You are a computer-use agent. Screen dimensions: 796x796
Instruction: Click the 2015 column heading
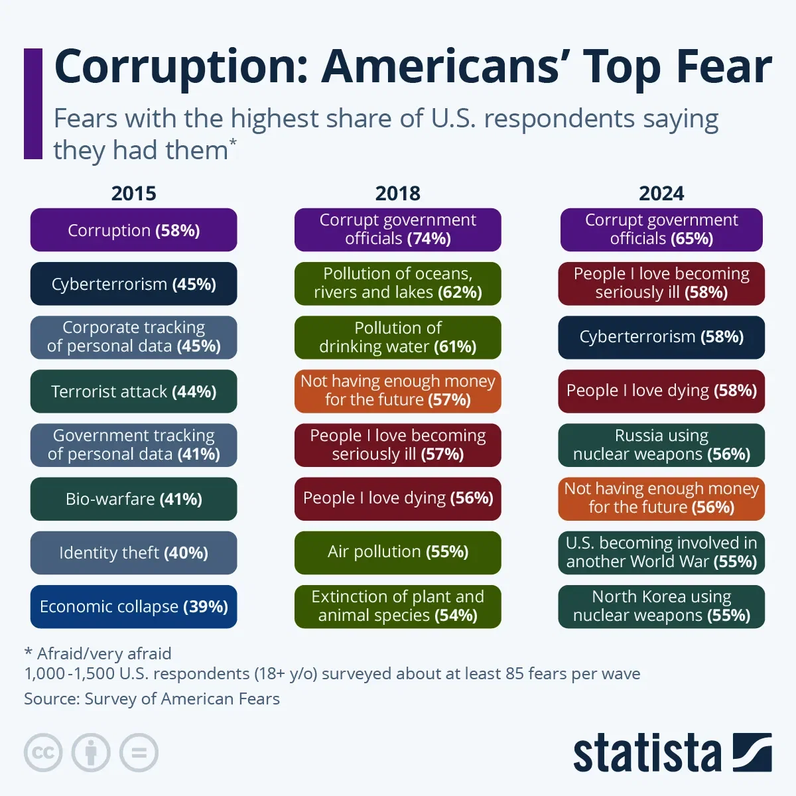[x=133, y=193]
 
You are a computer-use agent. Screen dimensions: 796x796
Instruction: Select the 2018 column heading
[x=397, y=193]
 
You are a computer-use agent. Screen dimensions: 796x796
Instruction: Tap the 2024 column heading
[x=661, y=193]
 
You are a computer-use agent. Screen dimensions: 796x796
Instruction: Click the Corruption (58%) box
[x=133, y=230]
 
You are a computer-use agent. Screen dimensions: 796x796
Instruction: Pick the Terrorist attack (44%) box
[x=133, y=391]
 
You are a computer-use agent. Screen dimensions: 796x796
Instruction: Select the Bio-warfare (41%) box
[x=133, y=499]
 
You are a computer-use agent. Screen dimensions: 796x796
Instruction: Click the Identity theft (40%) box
[x=133, y=553]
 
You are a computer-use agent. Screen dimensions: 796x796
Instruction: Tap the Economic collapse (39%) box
[x=133, y=606]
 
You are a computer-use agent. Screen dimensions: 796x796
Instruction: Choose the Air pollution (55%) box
[x=397, y=552]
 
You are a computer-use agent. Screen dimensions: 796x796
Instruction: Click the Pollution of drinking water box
[x=397, y=337]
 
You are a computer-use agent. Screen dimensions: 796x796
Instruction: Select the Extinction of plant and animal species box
[x=397, y=606]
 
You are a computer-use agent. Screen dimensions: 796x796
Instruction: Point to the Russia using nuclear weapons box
[x=661, y=444]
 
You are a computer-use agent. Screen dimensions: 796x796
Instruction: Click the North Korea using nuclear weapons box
[x=661, y=606]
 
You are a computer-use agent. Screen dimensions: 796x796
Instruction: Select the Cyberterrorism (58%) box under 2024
[x=661, y=337]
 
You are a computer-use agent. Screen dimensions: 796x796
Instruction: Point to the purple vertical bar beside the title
[x=33, y=103]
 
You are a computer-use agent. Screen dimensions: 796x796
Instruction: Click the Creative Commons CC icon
[x=43, y=753]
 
